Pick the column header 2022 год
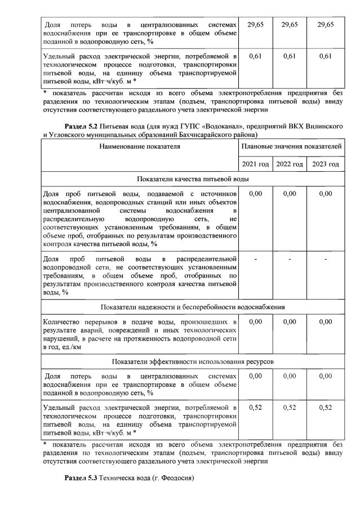pyautogui.click(x=290, y=164)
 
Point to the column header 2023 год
pyautogui.click(x=325, y=164)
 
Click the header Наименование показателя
pyautogui.click(x=140, y=147)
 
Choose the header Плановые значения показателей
pyautogui.click(x=291, y=147)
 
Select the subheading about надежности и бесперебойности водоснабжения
pyautogui.click(x=192, y=307)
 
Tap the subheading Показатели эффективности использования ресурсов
pyautogui.click(x=192, y=361)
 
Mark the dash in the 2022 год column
pyautogui.click(x=290, y=259)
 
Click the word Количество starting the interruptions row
pyautogui.click(x=63, y=322)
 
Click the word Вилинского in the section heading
pyautogui.click(x=321, y=126)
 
